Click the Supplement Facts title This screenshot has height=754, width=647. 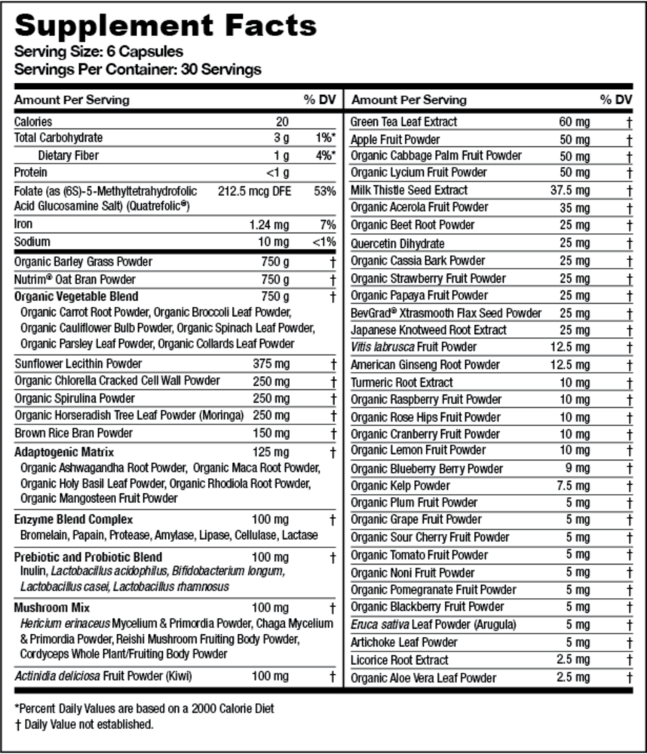(x=166, y=26)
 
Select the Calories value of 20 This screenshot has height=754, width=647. (x=282, y=121)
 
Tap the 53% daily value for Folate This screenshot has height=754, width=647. (x=326, y=191)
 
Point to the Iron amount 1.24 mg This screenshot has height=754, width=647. (x=269, y=225)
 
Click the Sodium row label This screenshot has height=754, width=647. (x=32, y=242)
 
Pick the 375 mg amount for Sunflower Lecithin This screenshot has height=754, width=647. (x=271, y=363)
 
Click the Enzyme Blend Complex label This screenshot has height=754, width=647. (x=74, y=520)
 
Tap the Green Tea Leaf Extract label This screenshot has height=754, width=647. (x=404, y=121)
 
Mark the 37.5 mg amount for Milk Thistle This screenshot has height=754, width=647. (x=571, y=190)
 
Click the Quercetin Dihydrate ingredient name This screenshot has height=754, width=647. (x=398, y=244)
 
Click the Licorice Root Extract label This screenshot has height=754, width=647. (x=399, y=660)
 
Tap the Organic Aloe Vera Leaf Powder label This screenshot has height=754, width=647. (x=424, y=678)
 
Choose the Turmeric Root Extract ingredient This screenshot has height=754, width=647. (x=402, y=382)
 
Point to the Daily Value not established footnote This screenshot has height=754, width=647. (x=84, y=725)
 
